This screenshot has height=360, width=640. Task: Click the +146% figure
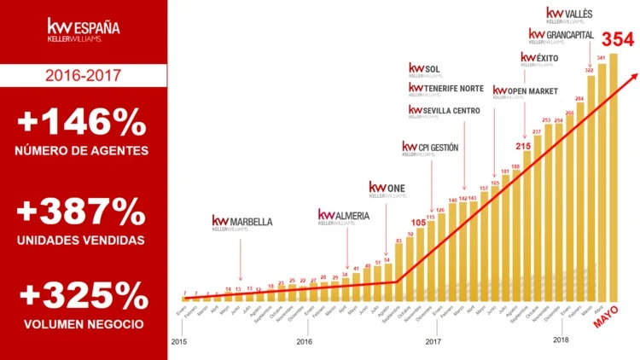[83, 124]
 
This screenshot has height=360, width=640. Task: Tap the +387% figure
[83, 209]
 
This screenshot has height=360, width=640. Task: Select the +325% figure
[83, 296]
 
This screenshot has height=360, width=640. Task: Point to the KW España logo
[83, 32]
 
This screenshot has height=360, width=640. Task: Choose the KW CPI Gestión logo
[430, 149]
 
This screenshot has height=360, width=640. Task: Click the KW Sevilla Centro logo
[444, 112]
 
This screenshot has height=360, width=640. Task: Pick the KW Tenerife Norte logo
[446, 89]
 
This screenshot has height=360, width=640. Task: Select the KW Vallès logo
[568, 15]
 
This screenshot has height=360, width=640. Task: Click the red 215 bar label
[523, 146]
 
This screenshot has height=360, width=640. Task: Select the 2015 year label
[178, 341]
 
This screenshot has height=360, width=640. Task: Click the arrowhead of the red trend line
[633, 76]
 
